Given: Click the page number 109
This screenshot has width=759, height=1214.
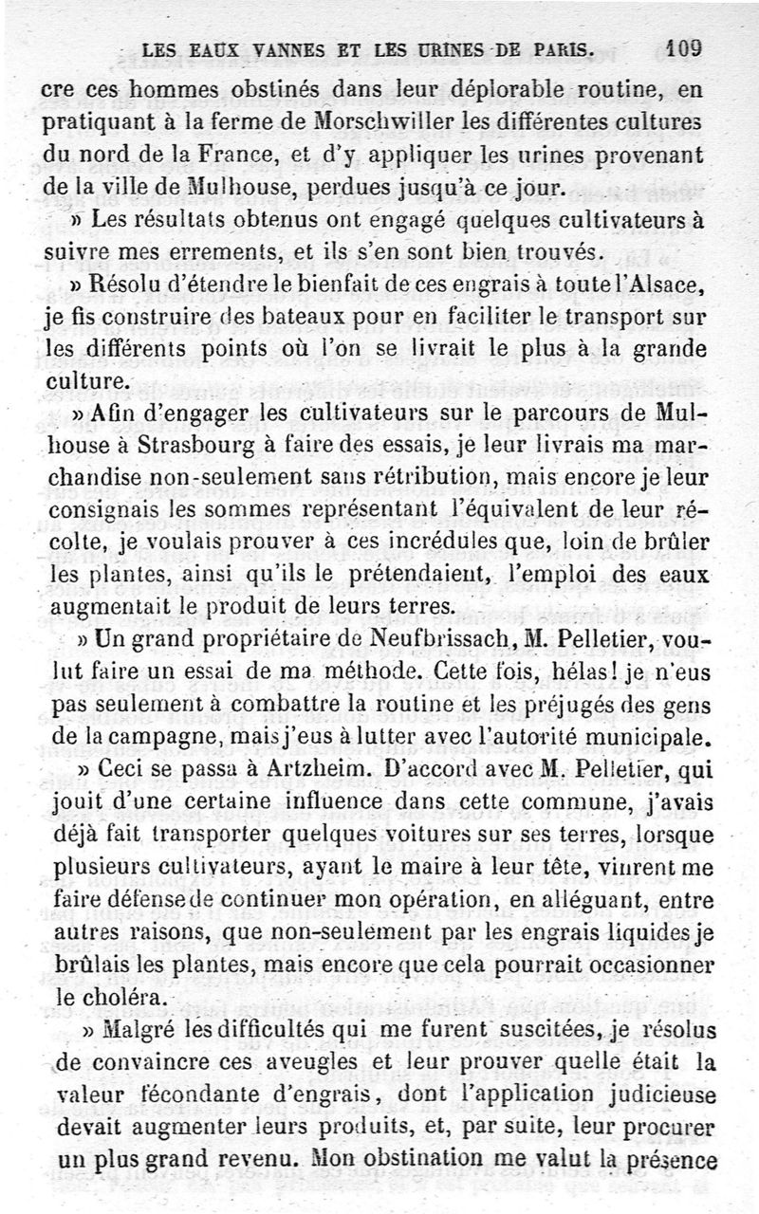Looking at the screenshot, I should click(x=683, y=47).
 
